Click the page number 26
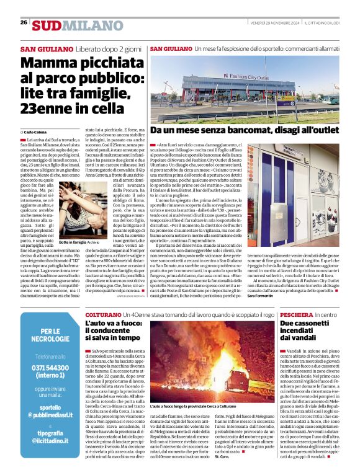pyautogui.click(x=24, y=23)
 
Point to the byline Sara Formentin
pyautogui.click(x=260, y=296)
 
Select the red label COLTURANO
pyautogui.click(x=102, y=315)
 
